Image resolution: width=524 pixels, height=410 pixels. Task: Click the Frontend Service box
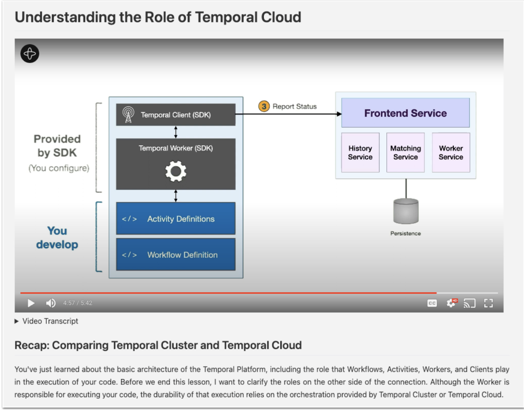tap(405, 113)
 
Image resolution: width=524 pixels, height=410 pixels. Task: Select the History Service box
tap(360, 153)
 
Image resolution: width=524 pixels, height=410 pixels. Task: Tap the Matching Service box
tap(406, 153)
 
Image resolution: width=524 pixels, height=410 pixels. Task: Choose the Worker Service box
tap(451, 153)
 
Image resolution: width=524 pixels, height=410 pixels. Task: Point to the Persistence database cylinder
tap(406, 211)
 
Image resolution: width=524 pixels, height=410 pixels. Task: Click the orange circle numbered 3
tap(264, 106)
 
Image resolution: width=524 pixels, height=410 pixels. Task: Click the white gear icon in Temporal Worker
tap(176, 172)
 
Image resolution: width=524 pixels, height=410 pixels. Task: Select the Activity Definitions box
tap(176, 219)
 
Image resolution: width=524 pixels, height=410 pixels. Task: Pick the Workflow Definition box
tap(176, 254)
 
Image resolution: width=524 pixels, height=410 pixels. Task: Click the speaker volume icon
tap(51, 303)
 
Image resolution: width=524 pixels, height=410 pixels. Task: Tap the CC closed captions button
tap(432, 303)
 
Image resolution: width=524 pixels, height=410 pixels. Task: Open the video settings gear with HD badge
tap(451, 303)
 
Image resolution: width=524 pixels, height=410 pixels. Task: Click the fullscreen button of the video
tap(488, 303)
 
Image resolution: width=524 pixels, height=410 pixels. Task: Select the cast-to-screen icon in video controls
tap(469, 303)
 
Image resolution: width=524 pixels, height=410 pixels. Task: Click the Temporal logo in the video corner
tap(30, 54)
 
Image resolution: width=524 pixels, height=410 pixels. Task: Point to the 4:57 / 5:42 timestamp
tap(78, 303)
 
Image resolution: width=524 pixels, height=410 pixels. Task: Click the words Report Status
tap(294, 106)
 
